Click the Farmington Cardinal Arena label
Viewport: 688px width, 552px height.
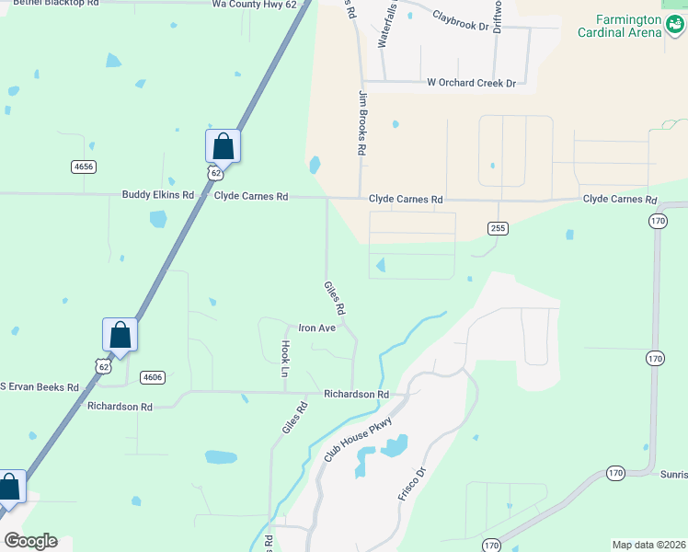pyautogui.click(x=619, y=26)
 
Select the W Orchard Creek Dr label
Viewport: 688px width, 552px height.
pyautogui.click(x=472, y=83)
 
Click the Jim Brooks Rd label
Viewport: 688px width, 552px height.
pyautogui.click(x=363, y=122)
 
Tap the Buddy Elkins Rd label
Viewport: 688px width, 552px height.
pyautogui.click(x=158, y=195)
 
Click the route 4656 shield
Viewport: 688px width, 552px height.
pyautogui.click(x=83, y=167)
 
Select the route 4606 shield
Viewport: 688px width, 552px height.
pyautogui.click(x=153, y=377)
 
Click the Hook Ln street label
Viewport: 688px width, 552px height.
pyautogui.click(x=285, y=359)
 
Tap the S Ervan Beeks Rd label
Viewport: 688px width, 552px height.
pyautogui.click(x=39, y=386)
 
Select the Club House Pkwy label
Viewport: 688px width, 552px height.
pyautogui.click(x=358, y=439)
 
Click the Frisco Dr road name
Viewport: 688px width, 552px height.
pyautogui.click(x=412, y=484)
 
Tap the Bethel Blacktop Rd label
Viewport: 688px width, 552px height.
pyautogui.click(x=55, y=4)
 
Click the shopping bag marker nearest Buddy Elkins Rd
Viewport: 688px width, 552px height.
pyautogui.click(x=223, y=145)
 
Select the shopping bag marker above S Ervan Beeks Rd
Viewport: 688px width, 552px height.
pyautogui.click(x=120, y=334)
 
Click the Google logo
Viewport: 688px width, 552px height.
pyautogui.click(x=30, y=541)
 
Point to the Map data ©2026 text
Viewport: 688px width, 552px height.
pyautogui.click(x=648, y=545)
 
